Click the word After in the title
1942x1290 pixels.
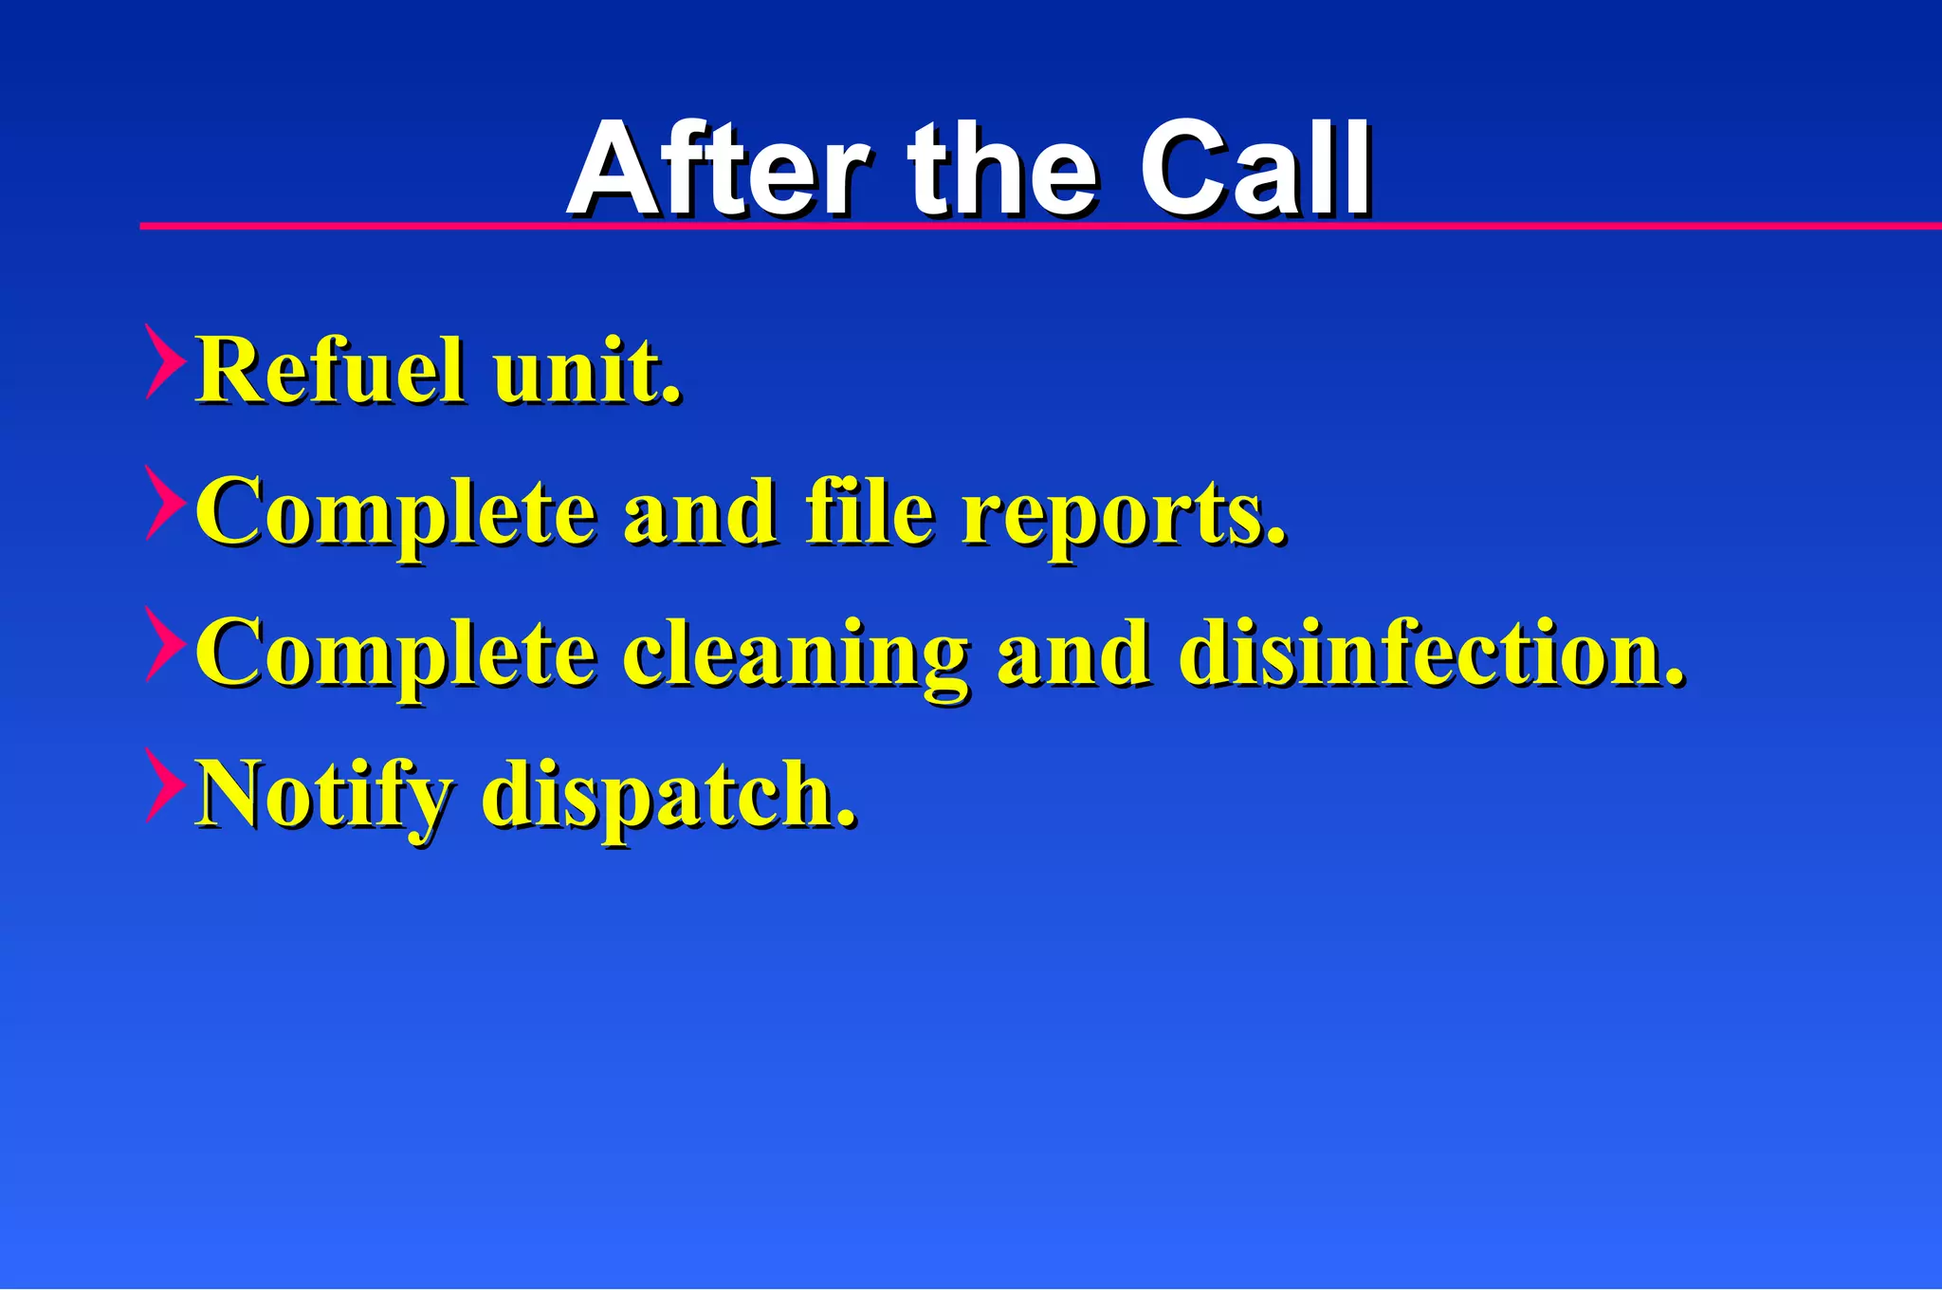coord(717,171)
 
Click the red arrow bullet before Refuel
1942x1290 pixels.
coord(163,360)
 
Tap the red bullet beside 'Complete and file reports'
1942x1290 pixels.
coord(163,503)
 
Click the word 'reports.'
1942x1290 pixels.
coord(1125,517)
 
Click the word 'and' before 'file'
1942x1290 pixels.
coord(699,512)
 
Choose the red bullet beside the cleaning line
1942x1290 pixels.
coord(163,644)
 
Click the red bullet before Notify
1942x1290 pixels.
coord(163,784)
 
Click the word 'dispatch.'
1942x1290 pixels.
coord(669,797)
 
